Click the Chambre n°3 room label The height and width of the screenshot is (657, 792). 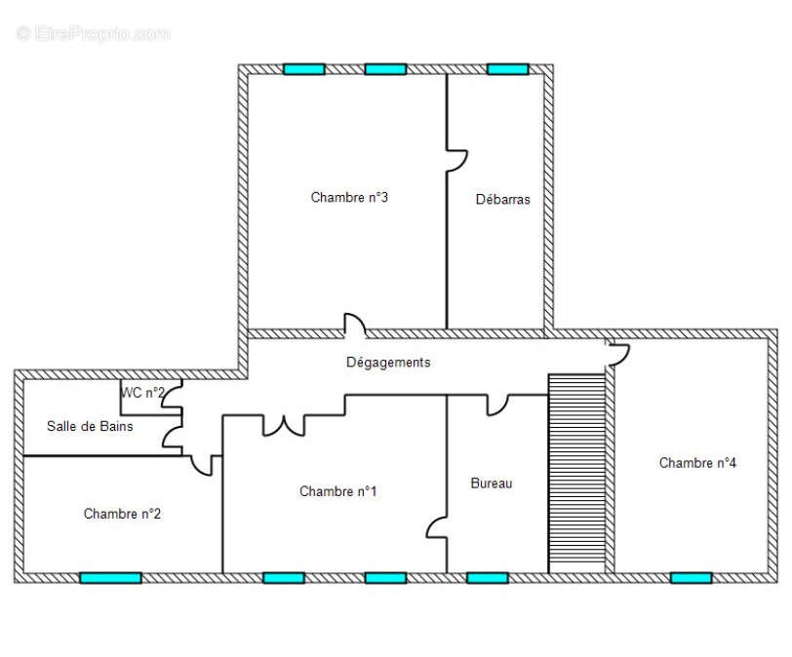coord(349,197)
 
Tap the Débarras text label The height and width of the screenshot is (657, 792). coord(502,199)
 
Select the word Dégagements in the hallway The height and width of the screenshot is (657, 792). coord(388,363)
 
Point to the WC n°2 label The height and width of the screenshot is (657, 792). coord(143,393)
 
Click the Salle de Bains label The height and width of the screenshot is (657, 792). coord(90,426)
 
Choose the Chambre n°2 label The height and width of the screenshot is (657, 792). coord(122,514)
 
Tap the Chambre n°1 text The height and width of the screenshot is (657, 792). coord(337,491)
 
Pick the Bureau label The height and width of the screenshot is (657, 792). coord(491,483)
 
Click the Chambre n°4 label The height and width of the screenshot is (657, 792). coord(697,463)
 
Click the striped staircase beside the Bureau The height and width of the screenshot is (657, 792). coord(576,474)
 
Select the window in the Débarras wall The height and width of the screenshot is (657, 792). coord(507,69)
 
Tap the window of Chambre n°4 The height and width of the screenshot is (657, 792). coord(691,578)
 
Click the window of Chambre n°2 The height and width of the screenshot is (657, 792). coord(110,578)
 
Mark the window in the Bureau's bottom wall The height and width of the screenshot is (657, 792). coord(488,578)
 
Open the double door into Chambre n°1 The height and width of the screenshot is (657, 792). coord(284,428)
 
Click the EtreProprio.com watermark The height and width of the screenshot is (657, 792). coord(93,34)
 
